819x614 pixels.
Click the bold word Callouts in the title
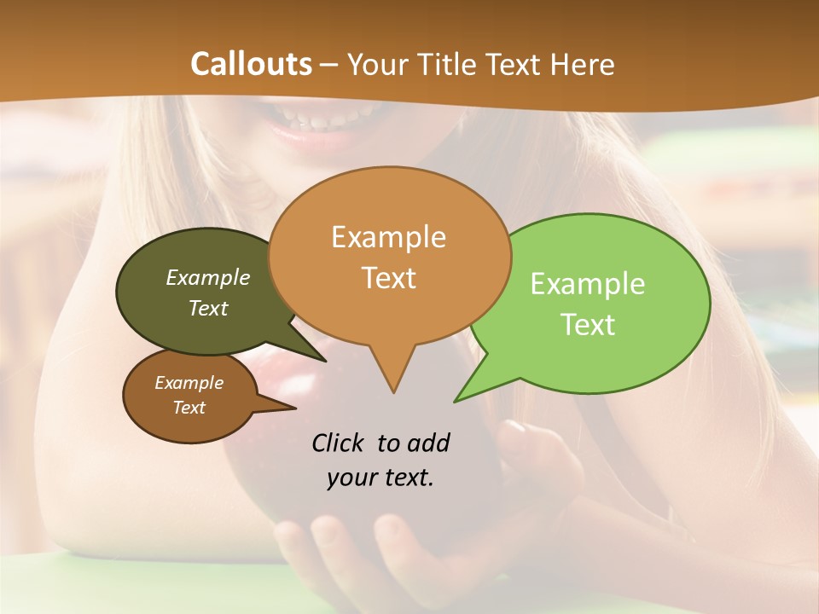click(251, 64)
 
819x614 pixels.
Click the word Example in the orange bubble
click(388, 237)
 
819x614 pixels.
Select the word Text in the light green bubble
click(588, 325)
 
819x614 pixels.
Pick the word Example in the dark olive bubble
click(208, 277)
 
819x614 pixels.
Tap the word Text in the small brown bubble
click(189, 408)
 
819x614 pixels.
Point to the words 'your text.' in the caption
click(380, 478)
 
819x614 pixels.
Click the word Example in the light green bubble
click(588, 284)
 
